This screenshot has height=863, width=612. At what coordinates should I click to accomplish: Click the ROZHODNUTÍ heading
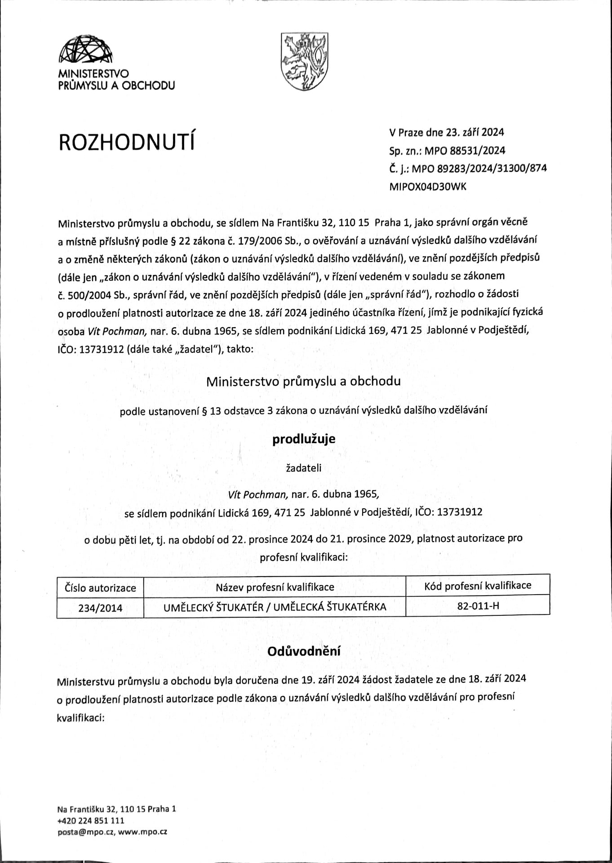pos(128,142)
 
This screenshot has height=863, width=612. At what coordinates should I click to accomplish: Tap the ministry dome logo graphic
pos(85,50)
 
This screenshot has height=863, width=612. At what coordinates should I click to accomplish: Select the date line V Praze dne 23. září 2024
pos(446,132)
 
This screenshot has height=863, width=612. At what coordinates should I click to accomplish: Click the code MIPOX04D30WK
pos(428,187)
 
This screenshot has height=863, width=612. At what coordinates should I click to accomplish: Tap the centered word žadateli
pos(304,468)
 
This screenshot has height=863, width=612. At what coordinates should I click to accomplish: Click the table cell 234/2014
pos(100,608)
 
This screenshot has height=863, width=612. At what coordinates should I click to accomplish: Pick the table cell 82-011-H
pos(478,605)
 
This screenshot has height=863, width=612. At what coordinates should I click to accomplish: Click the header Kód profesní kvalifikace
pos(478,585)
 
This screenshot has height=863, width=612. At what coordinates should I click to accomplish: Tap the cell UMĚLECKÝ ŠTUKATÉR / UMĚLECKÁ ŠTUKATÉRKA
pos(275,607)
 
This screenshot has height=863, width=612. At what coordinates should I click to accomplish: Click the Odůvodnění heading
pos(304,651)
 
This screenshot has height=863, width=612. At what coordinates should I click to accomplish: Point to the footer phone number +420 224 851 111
pos(91,820)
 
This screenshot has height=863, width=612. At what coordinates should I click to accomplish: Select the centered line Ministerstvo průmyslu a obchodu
pos(303,382)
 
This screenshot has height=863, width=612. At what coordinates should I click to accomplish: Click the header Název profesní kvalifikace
pos(275,587)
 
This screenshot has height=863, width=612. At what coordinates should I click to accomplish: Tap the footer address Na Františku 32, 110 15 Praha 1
pos(116,809)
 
